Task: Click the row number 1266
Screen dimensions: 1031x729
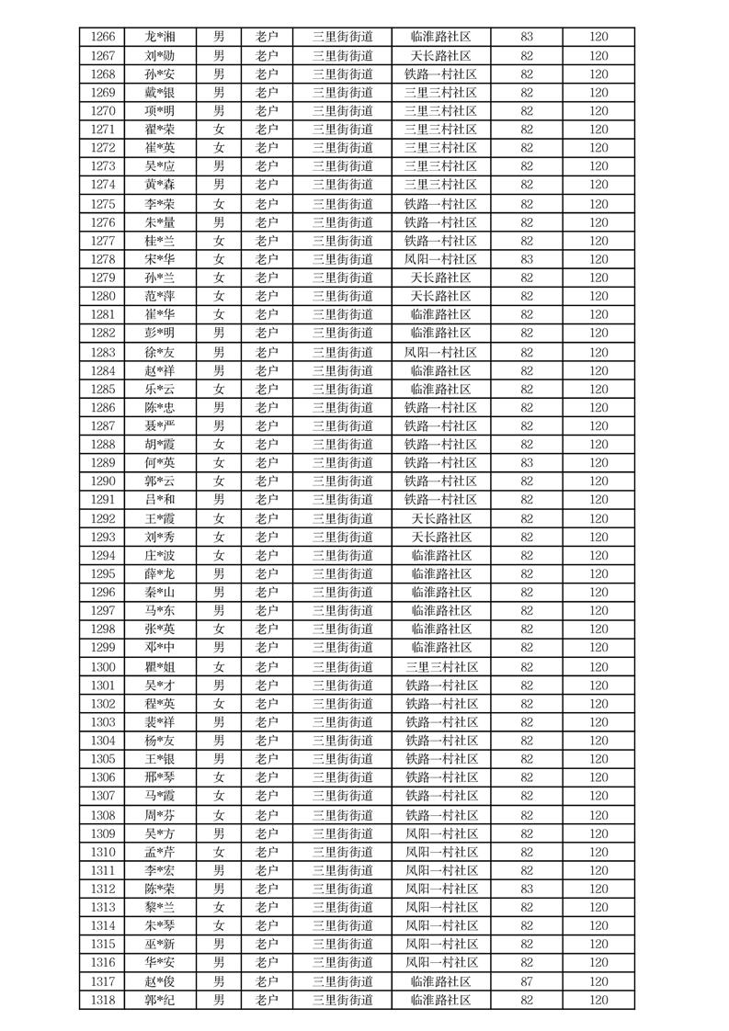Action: click(104, 37)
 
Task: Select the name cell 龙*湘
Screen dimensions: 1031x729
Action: click(160, 37)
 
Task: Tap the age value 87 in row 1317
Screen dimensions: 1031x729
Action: click(527, 981)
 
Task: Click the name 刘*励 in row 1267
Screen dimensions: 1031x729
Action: click(160, 55)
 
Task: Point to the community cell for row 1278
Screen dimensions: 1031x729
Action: click(440, 259)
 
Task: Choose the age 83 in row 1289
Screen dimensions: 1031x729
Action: click(527, 463)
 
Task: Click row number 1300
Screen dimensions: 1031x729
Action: click(104, 667)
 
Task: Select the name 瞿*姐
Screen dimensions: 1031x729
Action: click(160, 667)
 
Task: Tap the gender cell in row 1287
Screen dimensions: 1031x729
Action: click(219, 425)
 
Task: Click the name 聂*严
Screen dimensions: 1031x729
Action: click(160, 425)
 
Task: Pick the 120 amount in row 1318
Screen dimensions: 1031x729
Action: click(598, 1000)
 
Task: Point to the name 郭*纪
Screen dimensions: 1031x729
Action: click(160, 1000)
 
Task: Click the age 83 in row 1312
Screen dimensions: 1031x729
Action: click(527, 889)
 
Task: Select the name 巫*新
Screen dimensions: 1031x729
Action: click(160, 945)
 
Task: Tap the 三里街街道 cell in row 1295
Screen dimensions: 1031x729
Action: click(343, 574)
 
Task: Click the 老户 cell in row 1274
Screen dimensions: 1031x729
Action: click(267, 185)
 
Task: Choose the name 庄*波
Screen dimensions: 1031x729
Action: click(160, 556)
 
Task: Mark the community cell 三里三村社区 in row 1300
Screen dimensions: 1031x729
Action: click(440, 667)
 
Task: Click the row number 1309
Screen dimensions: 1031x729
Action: click(104, 833)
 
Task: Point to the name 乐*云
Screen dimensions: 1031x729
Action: click(160, 389)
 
